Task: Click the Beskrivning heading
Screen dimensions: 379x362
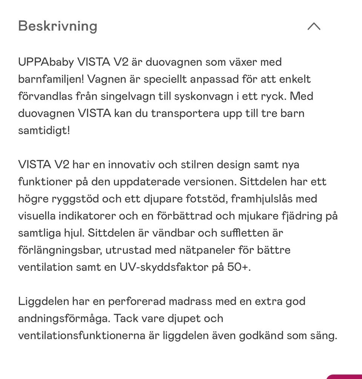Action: coord(58,26)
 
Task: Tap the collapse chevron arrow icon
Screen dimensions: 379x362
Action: coord(314,26)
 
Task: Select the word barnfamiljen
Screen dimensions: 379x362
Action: coord(51,79)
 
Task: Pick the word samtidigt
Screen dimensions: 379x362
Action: coord(44,130)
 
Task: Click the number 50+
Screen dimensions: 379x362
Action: coord(239,267)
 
